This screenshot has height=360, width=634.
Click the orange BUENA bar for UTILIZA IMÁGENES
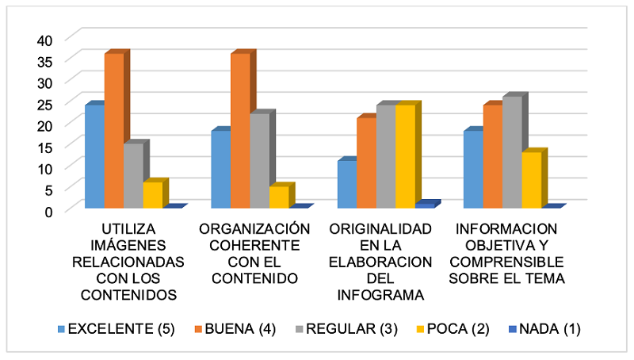(114, 131)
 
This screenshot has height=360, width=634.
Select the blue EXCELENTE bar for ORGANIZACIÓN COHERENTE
(221, 169)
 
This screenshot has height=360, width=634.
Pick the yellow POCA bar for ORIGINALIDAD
(405, 156)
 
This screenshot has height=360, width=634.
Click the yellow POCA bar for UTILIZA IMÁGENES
(152, 195)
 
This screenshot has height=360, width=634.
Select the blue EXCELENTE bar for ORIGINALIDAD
(346, 184)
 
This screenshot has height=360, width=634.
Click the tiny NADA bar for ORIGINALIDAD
(425, 205)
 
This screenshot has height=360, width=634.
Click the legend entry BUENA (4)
(241, 329)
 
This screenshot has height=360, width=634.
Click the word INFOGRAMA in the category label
(380, 295)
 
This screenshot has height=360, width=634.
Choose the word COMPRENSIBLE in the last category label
(506, 262)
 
